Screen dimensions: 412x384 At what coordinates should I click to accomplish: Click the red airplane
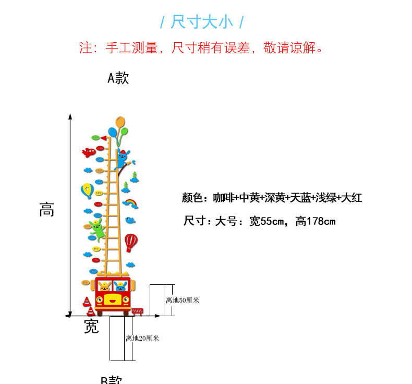pos(89,152)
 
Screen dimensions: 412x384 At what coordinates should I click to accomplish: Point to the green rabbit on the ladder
pos(98,230)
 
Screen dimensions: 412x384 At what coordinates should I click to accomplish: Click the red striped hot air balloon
pos(131,242)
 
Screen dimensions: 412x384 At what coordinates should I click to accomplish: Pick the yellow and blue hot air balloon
pos(87,190)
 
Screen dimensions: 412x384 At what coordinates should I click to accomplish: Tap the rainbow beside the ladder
pos(130,203)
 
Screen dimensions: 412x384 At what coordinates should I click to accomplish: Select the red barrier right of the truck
pos(137,311)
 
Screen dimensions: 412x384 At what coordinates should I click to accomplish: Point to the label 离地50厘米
pos(183,300)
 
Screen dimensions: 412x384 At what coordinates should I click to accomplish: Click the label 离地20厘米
pos(142,338)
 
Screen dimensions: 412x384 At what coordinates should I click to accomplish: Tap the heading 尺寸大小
pos(201,22)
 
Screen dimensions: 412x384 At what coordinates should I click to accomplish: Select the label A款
pos(118,78)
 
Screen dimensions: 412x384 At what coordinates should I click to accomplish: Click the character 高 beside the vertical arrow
pos(46,210)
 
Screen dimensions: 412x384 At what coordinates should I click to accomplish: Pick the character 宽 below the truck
pos(91,327)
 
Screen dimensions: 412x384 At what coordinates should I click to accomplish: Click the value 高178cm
pos(316,221)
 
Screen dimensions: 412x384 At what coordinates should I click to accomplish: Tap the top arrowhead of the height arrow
pos(70,116)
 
